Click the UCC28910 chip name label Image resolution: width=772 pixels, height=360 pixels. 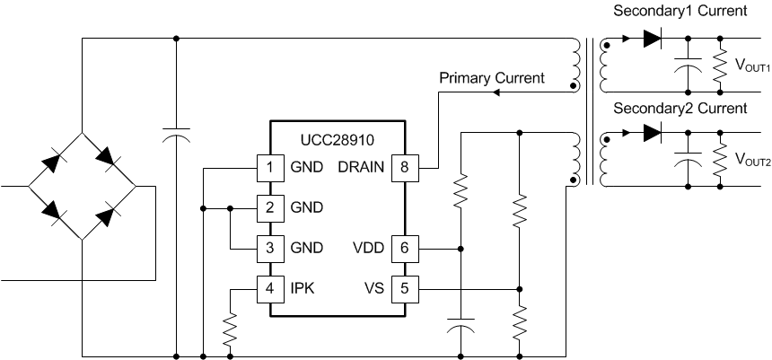(x=338, y=141)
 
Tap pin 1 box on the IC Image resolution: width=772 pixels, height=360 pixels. (x=269, y=167)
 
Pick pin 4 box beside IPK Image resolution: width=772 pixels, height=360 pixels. (x=269, y=289)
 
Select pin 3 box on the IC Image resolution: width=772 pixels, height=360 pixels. (x=269, y=248)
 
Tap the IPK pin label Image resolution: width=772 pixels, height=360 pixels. (x=303, y=289)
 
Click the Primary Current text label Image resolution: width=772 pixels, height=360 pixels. (x=491, y=78)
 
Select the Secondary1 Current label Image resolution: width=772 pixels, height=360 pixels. (x=680, y=12)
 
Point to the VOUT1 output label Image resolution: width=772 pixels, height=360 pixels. (x=753, y=66)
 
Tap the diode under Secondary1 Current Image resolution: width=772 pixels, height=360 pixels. (x=652, y=39)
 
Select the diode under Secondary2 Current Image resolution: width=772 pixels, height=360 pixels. (x=652, y=135)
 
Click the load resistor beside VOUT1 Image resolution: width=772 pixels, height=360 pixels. (x=720, y=65)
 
